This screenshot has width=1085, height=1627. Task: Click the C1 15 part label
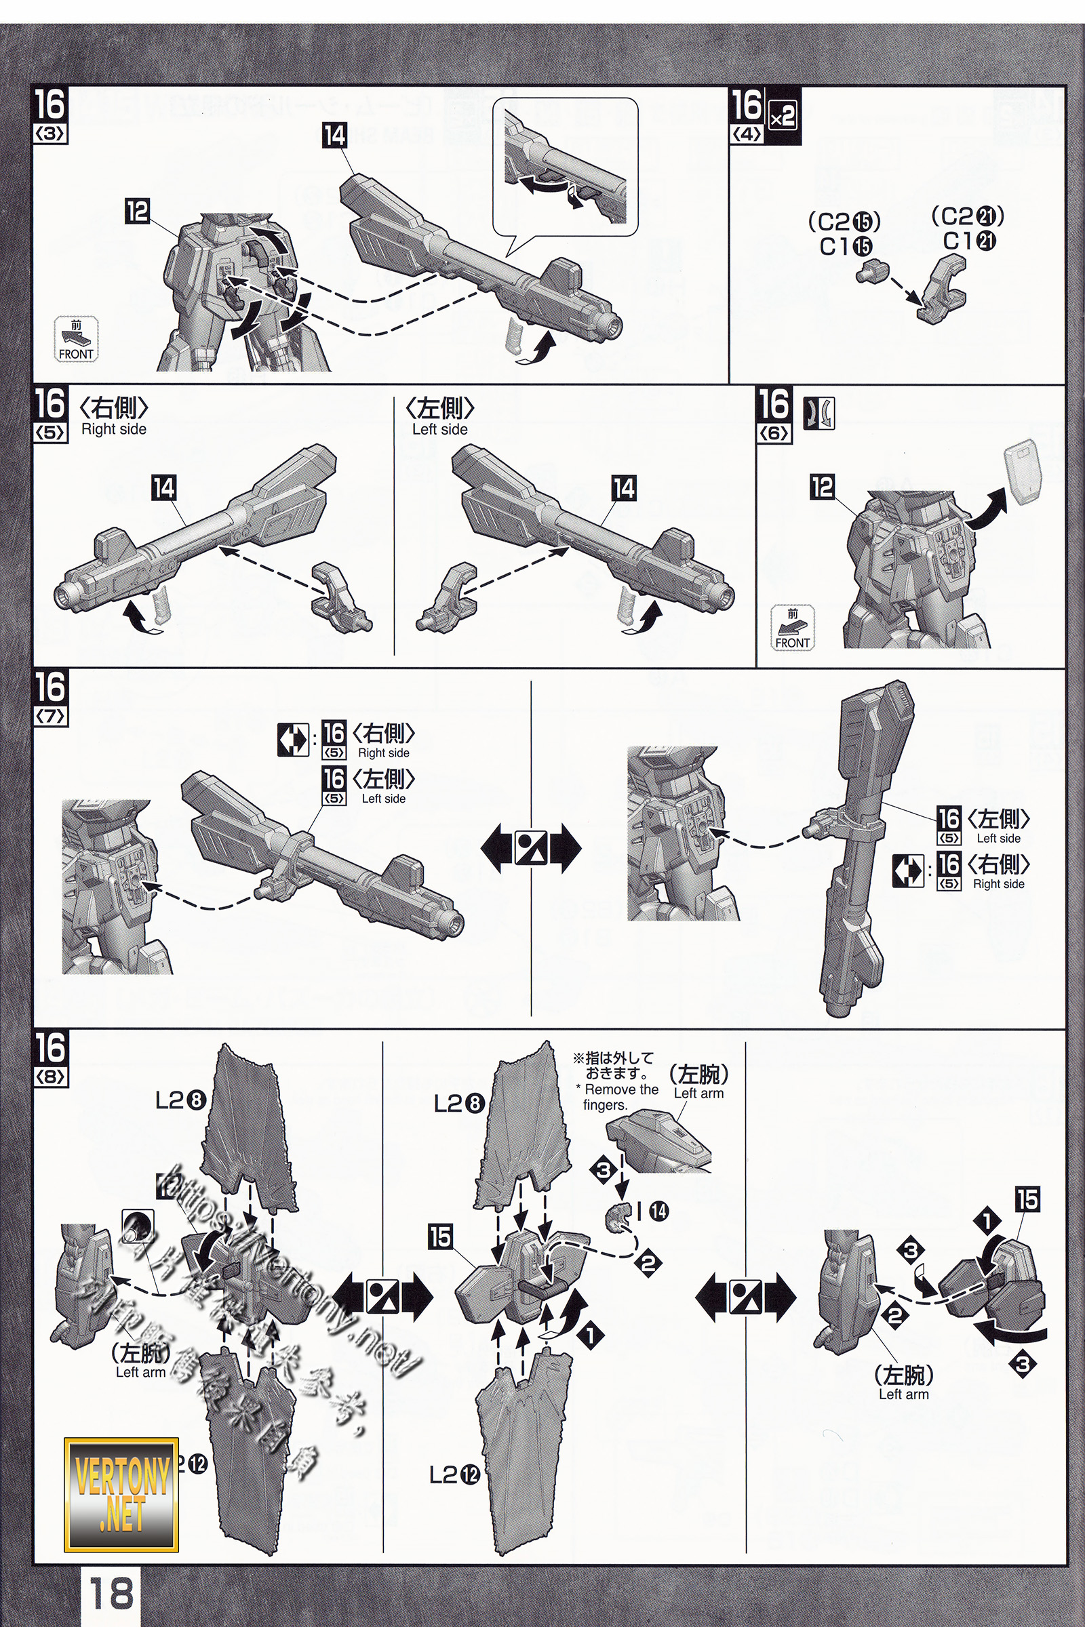[846, 246]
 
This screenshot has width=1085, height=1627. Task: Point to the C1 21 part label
[969, 241]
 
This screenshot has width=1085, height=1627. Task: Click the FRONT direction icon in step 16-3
[76, 340]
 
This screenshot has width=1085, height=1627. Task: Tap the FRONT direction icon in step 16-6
[792, 628]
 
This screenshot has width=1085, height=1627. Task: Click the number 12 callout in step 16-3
[138, 211]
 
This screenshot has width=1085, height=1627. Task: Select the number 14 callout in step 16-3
[335, 136]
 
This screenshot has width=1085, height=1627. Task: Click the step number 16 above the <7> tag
[50, 687]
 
